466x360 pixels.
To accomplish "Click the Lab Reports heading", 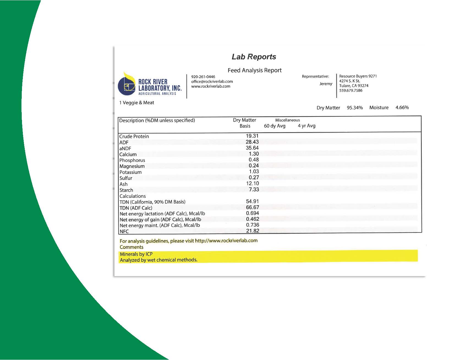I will pyautogui.click(x=254, y=57).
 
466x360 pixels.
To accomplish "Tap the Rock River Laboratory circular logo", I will pyautogui.click(x=127, y=85).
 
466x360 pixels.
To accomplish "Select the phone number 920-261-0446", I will pyautogui.click(x=203, y=77).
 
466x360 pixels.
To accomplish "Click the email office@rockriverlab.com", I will pyautogui.click(x=212, y=81).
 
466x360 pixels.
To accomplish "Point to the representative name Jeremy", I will pyautogui.click(x=326, y=84).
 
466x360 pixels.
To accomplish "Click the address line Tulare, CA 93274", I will pyautogui.click(x=353, y=86).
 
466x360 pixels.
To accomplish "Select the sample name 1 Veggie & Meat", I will pyautogui.click(x=136, y=103).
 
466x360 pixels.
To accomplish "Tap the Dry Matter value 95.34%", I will pyautogui.click(x=355, y=108).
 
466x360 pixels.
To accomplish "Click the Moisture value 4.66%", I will pyautogui.click(x=402, y=108).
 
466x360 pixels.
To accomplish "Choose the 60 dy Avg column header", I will pyautogui.click(x=275, y=126).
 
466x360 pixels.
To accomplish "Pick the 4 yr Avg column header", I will pyautogui.click(x=306, y=126).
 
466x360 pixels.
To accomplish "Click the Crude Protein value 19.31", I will pyautogui.click(x=252, y=136).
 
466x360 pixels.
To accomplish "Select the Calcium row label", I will pyautogui.click(x=128, y=154).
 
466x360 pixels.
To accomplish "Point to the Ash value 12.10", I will pyautogui.click(x=252, y=183).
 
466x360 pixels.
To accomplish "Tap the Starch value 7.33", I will pyautogui.click(x=254, y=189).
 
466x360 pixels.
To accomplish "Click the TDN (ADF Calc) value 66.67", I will pyautogui.click(x=252, y=207).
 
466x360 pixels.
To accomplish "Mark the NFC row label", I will pyautogui.click(x=124, y=231).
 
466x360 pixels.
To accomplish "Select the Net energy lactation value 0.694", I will pyautogui.click(x=252, y=213).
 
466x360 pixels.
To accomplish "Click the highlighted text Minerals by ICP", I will pyautogui.click(x=136, y=254).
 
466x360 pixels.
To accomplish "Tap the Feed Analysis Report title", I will pyautogui.click(x=254, y=70).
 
